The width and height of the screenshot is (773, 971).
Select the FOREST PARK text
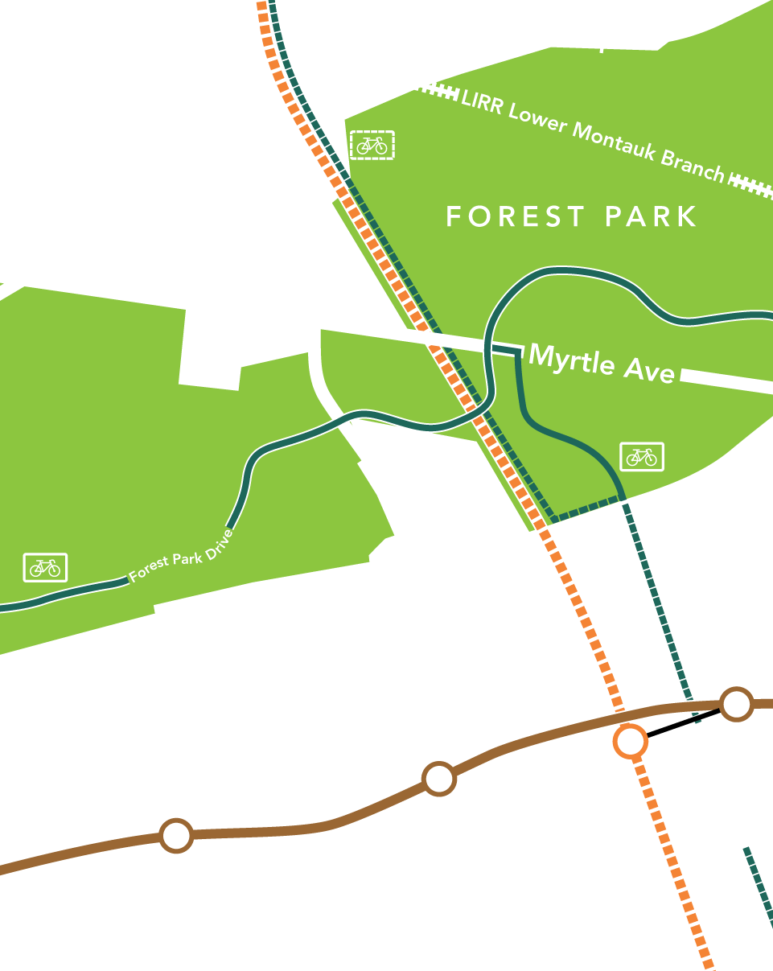click(571, 216)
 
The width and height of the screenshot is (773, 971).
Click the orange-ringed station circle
click(630, 740)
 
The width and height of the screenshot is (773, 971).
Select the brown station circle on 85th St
click(176, 836)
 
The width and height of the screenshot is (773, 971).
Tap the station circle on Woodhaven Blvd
click(438, 778)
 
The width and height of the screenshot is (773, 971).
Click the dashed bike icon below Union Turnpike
click(372, 145)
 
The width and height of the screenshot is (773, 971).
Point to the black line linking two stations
click(684, 722)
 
